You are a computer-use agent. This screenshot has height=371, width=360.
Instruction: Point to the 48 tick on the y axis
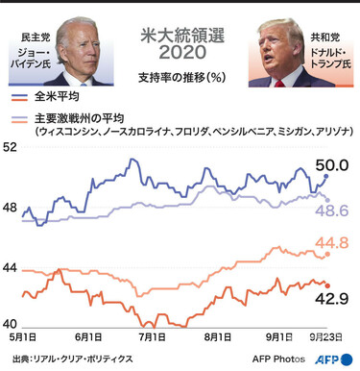click(x=11, y=208)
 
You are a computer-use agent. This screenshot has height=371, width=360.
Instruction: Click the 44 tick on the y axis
click(x=11, y=267)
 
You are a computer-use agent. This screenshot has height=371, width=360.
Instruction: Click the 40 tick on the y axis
click(x=11, y=325)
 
